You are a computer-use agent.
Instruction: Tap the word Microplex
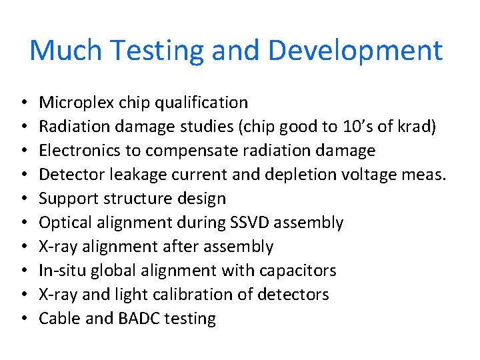pyautogui.click(x=77, y=103)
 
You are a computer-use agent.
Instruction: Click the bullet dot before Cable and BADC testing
pyautogui.click(x=23, y=319)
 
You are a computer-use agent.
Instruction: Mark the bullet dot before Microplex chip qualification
pyautogui.click(x=23, y=103)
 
